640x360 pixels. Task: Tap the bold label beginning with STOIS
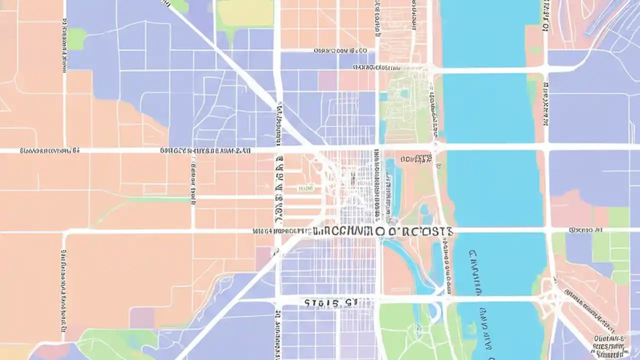pos(330,302)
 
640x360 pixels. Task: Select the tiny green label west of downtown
pos(305,188)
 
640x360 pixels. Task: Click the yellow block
pos(245,14)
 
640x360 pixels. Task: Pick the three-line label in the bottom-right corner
pos(609,345)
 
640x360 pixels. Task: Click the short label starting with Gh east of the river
pos(585,230)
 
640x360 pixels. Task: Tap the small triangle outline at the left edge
pos(4,103)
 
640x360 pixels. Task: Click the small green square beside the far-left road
pos(76,38)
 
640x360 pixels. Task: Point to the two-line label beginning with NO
pos(416,159)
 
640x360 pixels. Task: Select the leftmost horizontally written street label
pos(49,150)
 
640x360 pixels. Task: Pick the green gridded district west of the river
pos(405,107)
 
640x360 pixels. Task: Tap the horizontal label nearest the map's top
pos(340,50)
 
